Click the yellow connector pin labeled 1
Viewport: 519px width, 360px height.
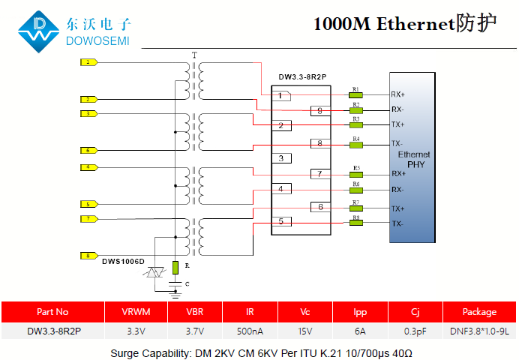88,62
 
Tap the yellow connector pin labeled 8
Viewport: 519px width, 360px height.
88,256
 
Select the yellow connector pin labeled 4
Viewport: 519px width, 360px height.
88,166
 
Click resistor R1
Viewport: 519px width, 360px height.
355,95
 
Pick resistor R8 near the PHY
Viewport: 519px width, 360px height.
355,223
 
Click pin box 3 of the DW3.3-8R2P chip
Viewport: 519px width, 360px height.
281,158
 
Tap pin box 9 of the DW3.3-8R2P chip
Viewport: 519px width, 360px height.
319,110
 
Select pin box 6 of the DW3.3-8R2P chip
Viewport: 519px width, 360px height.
319,207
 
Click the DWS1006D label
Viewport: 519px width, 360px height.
123,260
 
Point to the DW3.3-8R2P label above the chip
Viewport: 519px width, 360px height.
302,76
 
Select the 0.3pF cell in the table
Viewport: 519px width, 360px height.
415,331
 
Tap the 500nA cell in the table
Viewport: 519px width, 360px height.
250,331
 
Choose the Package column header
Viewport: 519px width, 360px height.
479,312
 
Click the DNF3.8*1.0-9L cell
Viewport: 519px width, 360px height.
479,331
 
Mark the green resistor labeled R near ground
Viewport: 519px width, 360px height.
175,267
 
